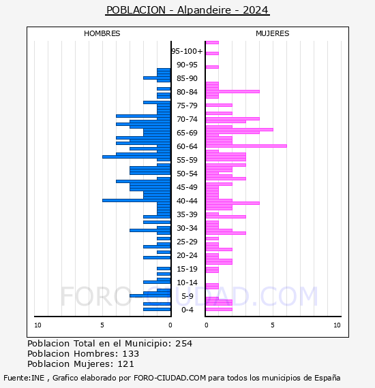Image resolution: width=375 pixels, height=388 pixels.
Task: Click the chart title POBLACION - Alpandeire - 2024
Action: [187, 10]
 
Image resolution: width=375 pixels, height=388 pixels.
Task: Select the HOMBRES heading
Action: [102, 33]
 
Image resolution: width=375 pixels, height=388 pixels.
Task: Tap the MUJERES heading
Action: [273, 33]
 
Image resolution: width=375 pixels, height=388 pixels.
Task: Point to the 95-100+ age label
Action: [187, 51]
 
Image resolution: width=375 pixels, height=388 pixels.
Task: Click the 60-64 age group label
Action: [187, 146]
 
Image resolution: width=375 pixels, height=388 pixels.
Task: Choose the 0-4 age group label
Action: [187, 310]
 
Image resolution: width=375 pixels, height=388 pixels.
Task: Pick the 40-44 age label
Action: [187, 201]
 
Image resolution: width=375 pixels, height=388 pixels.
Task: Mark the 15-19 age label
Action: [187, 269]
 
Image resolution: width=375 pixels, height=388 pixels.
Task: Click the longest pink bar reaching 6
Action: [246, 146]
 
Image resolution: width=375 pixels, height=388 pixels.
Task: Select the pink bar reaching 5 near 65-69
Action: [239, 129]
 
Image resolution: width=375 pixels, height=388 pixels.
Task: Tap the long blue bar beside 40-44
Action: [136, 200]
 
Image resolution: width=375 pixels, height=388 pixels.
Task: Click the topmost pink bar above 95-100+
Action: [212, 43]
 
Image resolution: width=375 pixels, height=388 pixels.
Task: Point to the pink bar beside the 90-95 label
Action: [212, 67]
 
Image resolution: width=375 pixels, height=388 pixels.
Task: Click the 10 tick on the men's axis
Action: [37, 325]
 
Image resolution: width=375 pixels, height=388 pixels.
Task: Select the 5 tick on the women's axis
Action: [273, 325]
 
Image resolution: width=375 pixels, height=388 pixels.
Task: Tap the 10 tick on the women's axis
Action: [337, 325]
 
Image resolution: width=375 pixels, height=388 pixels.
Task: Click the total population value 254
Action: [183, 344]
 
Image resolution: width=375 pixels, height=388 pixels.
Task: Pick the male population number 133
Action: [131, 354]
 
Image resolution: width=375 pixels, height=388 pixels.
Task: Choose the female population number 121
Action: [126, 364]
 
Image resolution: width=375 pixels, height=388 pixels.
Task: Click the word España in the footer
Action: [327, 378]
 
